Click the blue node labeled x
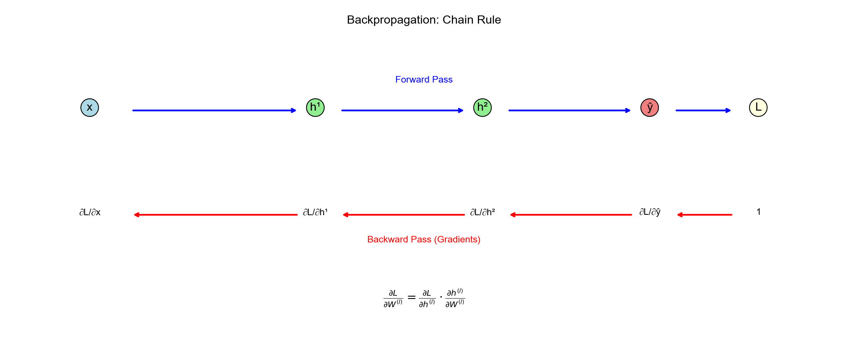click(x=89, y=108)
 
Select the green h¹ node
click(x=315, y=108)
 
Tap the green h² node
click(x=482, y=108)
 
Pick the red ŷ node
click(x=650, y=108)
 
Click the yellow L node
click(x=758, y=108)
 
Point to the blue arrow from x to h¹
click(x=214, y=110)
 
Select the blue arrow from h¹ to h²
click(x=402, y=110)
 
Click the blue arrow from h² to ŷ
click(x=569, y=110)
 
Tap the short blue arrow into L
click(x=703, y=110)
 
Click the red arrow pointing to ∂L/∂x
click(x=216, y=215)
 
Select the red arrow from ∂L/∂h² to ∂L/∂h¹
click(x=403, y=215)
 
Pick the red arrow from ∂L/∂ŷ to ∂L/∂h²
click(x=571, y=215)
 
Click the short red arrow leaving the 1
click(x=704, y=215)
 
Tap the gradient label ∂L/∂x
click(x=90, y=212)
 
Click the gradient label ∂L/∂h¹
click(x=315, y=212)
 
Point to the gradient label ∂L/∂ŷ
click(x=650, y=212)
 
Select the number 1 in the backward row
click(x=759, y=212)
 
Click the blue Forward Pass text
click(x=424, y=80)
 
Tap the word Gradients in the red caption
click(x=457, y=240)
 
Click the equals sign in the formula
click(x=412, y=298)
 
